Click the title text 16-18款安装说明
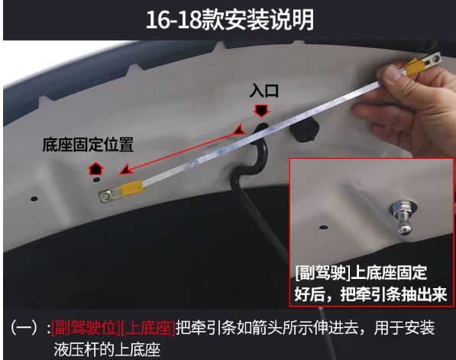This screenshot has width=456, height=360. click(x=230, y=20)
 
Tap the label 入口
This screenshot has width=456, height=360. click(x=264, y=91)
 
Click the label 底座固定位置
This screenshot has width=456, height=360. click(x=88, y=144)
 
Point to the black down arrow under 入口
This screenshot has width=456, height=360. click(x=261, y=111)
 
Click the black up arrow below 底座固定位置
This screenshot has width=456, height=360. click(x=95, y=169)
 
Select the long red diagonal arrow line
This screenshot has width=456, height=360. click(x=183, y=151)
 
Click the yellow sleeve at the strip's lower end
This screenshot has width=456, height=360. click(x=133, y=189)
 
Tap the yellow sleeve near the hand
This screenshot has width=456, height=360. click(x=413, y=67)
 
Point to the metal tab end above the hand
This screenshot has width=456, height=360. click(x=432, y=60)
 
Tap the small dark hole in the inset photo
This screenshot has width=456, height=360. click(x=322, y=227)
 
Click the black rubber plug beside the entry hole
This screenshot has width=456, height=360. click(x=304, y=130)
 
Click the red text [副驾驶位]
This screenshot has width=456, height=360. click(x=86, y=328)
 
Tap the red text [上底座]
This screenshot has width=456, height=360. click(x=147, y=328)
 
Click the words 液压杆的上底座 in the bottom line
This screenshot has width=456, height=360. click(x=107, y=349)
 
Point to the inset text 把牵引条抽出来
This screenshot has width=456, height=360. click(x=393, y=294)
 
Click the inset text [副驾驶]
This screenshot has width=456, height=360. click(x=323, y=273)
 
